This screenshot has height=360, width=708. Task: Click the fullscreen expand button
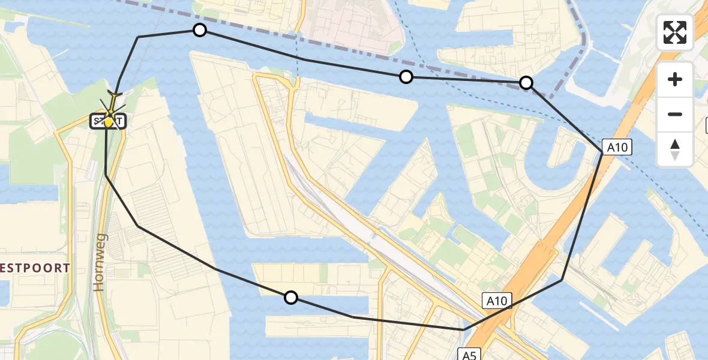coord(675,32)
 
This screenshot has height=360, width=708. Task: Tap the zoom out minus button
coord(675,114)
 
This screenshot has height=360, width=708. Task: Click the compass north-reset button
coord(675,149)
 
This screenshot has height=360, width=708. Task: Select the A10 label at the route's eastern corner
coord(618,147)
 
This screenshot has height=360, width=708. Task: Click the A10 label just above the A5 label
coord(497,301)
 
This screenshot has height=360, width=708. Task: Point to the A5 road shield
coord(469,355)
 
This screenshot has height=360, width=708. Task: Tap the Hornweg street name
coord(100,262)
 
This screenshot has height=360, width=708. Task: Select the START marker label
coord(108,122)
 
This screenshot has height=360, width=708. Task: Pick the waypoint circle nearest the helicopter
coord(199,30)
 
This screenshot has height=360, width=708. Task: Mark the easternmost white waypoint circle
coord(526,83)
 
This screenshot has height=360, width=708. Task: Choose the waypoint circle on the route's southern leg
coord(290,297)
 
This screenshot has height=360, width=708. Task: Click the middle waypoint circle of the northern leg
coord(406,76)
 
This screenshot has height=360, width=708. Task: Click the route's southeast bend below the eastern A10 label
coord(562,280)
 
